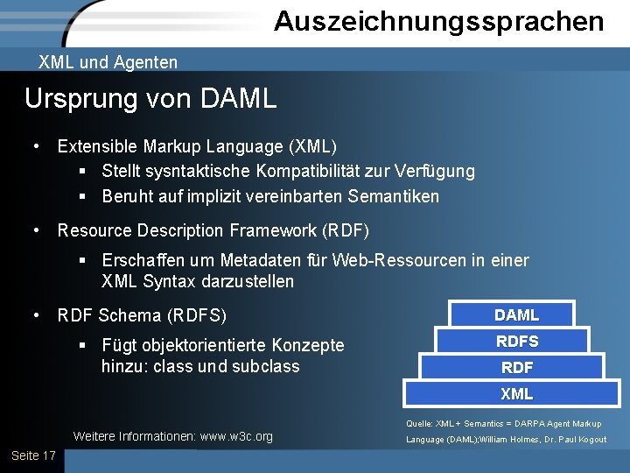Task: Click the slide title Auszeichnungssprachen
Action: tap(438, 21)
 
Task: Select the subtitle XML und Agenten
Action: tap(108, 62)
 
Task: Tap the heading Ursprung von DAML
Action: tap(150, 98)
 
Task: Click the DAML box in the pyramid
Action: tap(516, 314)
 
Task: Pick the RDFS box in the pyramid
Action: tap(517, 341)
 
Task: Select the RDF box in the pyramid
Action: tap(517, 367)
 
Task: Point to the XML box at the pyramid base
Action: tap(517, 394)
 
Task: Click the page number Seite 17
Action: tap(33, 455)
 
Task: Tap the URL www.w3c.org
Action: tap(236, 436)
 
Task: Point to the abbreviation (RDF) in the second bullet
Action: tap(346, 230)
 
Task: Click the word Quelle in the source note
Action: tap(420, 424)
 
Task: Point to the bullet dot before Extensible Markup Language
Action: tap(37, 145)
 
